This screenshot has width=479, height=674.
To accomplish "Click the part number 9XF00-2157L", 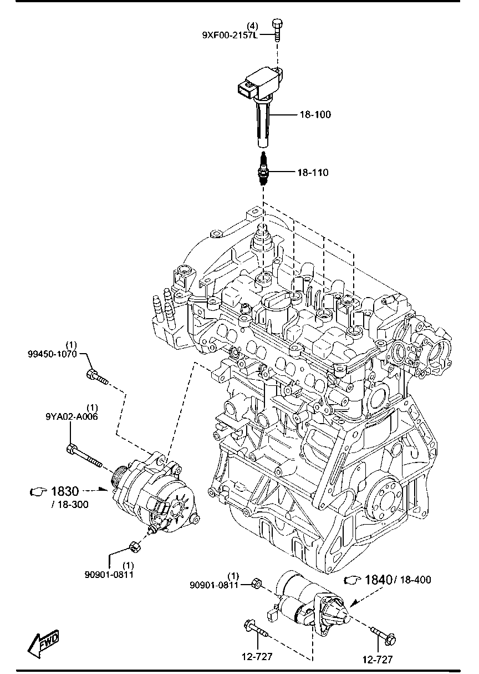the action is [x=230, y=35].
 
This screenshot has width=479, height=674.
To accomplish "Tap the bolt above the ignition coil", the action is [x=277, y=30].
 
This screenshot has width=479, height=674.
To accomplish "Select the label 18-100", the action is [x=315, y=114].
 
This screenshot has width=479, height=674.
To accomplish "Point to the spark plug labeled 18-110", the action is [x=263, y=169].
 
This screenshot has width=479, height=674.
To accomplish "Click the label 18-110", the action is [x=313, y=173].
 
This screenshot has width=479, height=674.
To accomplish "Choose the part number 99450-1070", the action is [x=52, y=354].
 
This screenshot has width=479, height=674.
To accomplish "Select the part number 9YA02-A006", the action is [x=72, y=417].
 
